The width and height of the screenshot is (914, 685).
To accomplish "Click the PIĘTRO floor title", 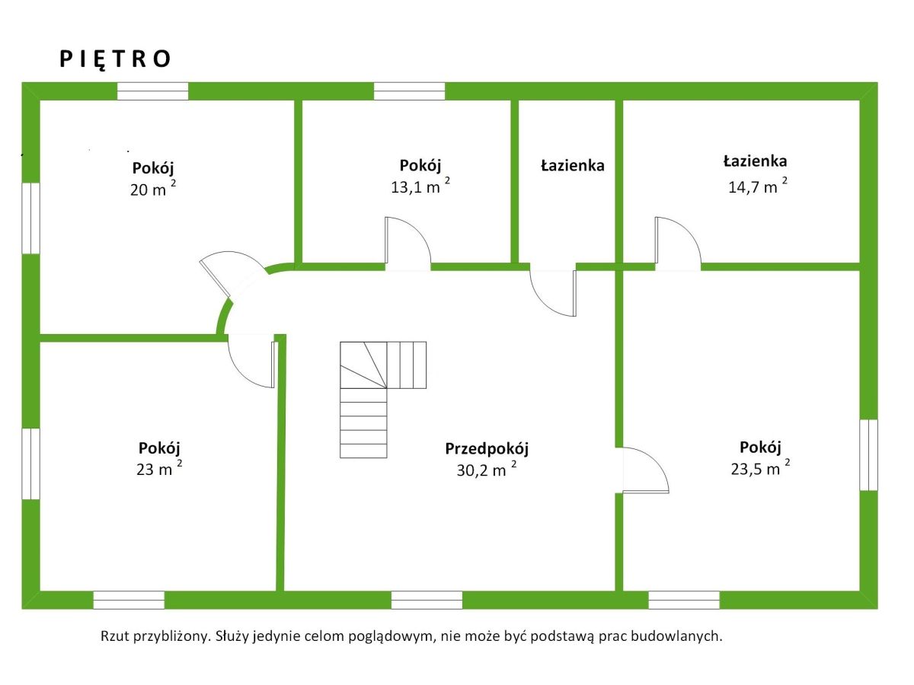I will point(116,59).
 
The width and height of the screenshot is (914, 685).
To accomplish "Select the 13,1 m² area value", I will point(420,187).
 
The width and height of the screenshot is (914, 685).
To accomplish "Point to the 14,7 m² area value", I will point(757,186).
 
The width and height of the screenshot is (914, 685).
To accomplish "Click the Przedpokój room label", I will point(487,449).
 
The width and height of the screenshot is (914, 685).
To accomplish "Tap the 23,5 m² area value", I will point(759,468).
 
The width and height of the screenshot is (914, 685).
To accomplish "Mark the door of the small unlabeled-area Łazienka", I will point(554,292).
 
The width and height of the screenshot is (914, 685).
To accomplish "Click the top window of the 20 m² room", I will point(152,91).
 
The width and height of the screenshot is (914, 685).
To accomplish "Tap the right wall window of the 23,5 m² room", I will point(868,455).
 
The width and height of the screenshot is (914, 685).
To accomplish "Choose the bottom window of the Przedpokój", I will point(427,600).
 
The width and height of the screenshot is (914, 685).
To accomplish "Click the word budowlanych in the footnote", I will point(681,636).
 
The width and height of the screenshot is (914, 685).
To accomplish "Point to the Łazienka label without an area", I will point(573,165).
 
